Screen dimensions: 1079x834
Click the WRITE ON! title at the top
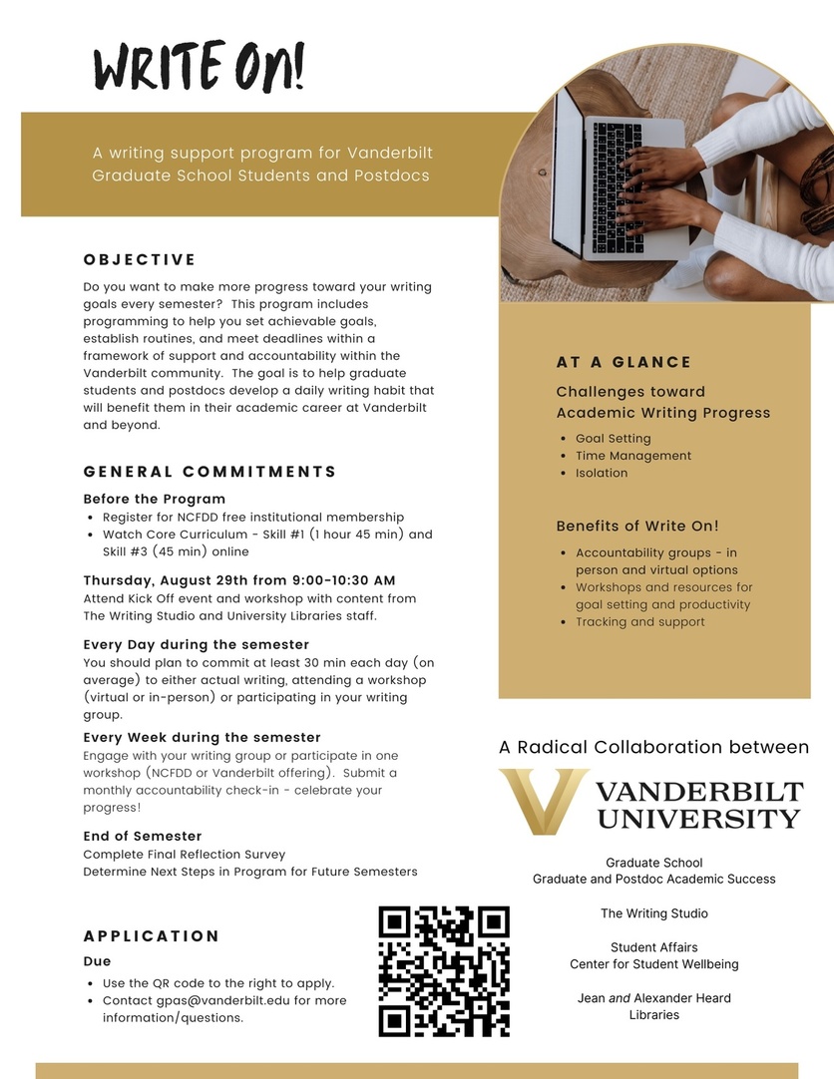[x=200, y=69]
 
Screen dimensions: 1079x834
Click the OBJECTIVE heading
[x=140, y=260]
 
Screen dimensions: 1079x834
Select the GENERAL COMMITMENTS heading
[x=210, y=472]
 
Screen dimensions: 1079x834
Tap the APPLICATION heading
[x=152, y=936]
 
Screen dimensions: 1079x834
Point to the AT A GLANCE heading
[x=624, y=362]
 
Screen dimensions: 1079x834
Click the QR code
[x=444, y=970]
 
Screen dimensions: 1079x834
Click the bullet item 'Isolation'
[x=602, y=473]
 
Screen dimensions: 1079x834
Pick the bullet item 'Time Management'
[x=633, y=456]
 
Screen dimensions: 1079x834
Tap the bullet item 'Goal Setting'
[x=613, y=438]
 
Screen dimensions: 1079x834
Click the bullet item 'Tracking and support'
[x=640, y=621]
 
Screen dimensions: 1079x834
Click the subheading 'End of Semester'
[x=143, y=836]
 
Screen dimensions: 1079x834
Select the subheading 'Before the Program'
[x=155, y=499]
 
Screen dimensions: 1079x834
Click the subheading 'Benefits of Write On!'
[x=637, y=526]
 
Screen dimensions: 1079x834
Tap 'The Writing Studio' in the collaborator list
[x=653, y=913]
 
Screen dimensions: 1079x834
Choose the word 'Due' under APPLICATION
[x=97, y=961]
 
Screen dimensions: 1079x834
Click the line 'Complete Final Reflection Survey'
[x=185, y=854]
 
